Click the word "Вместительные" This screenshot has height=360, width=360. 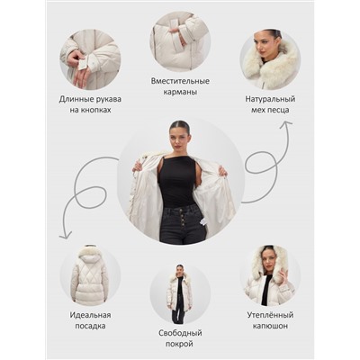point(180,81)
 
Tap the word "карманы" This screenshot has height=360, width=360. point(180,92)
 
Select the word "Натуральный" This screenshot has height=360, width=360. point(270,99)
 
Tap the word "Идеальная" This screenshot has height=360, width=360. point(90,315)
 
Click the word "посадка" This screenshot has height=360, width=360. point(90,326)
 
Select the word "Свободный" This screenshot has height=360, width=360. point(180,333)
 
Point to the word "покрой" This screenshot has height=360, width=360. point(180,344)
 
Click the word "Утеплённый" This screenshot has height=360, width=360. point(270,315)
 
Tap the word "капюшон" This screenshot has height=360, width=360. point(270,326)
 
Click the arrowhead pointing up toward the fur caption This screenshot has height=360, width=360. point(285,124)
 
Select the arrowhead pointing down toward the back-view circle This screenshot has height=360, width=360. point(65,236)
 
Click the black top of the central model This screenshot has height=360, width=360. point(177,180)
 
